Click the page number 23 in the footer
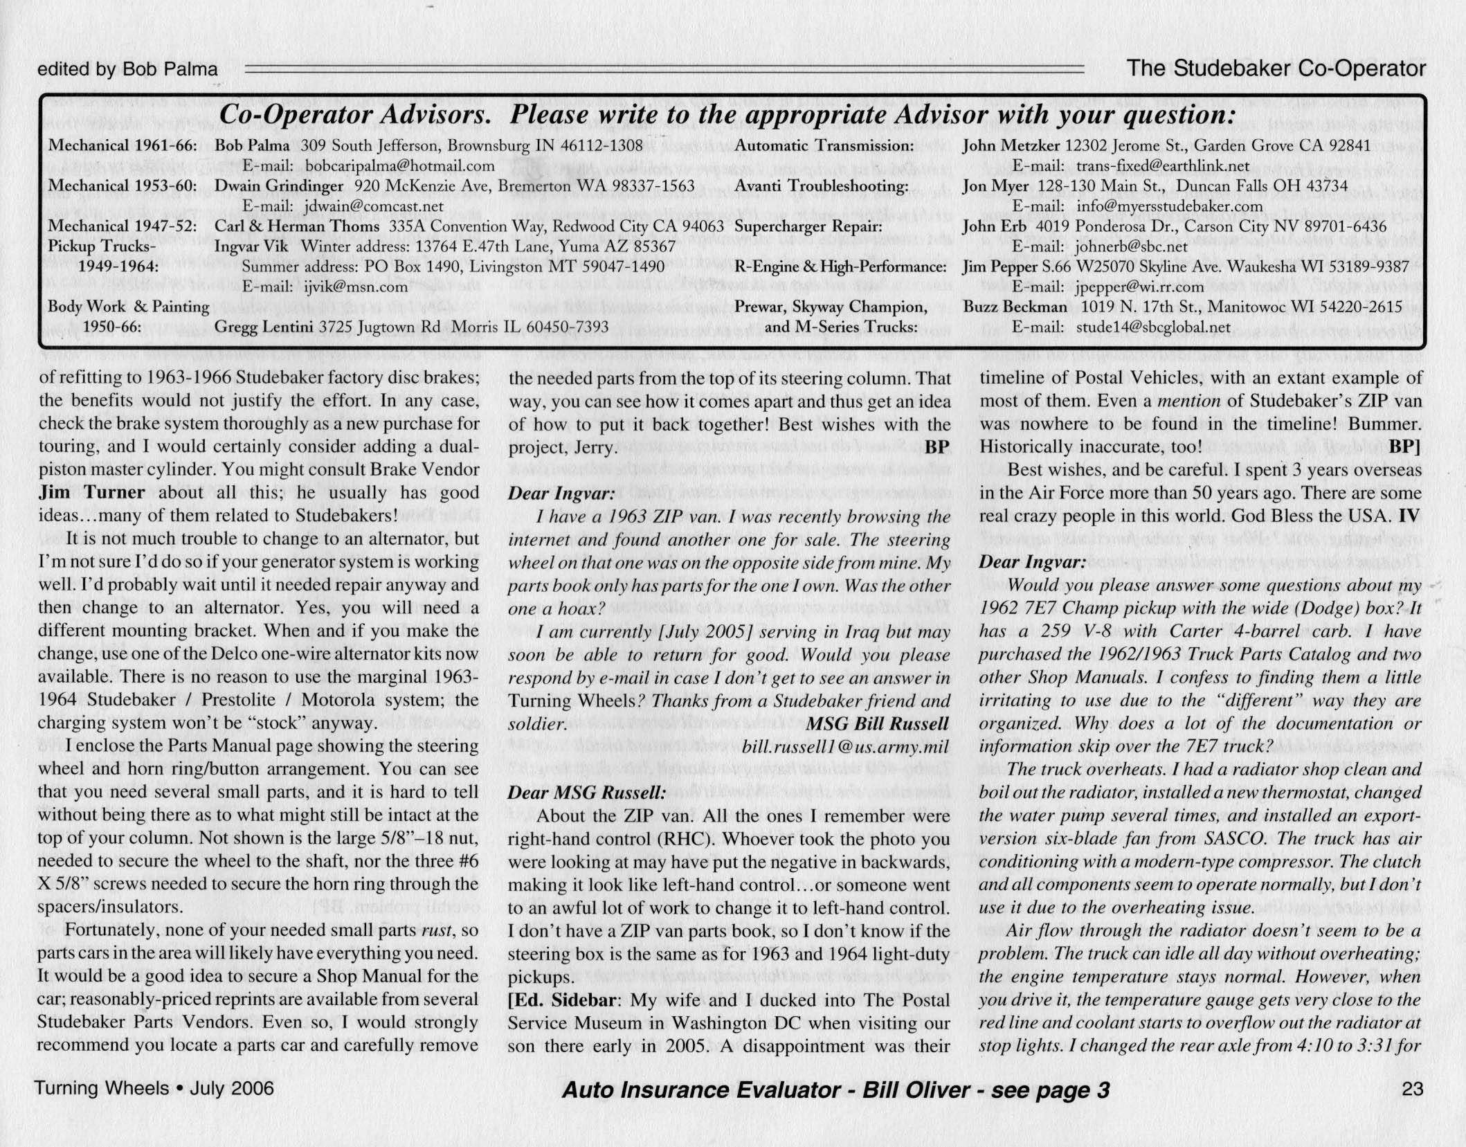tap(1412, 1090)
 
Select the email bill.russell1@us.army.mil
tap(844, 748)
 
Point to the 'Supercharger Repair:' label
tap(808, 226)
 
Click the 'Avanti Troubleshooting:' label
tap(821, 186)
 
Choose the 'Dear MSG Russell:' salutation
tap(586, 793)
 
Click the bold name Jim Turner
tap(91, 493)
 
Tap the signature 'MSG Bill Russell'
tap(878, 724)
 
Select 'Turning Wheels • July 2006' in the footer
tap(154, 1089)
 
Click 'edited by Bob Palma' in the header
tap(127, 69)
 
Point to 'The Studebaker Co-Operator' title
tap(1276, 68)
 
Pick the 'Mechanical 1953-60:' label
tap(123, 186)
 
